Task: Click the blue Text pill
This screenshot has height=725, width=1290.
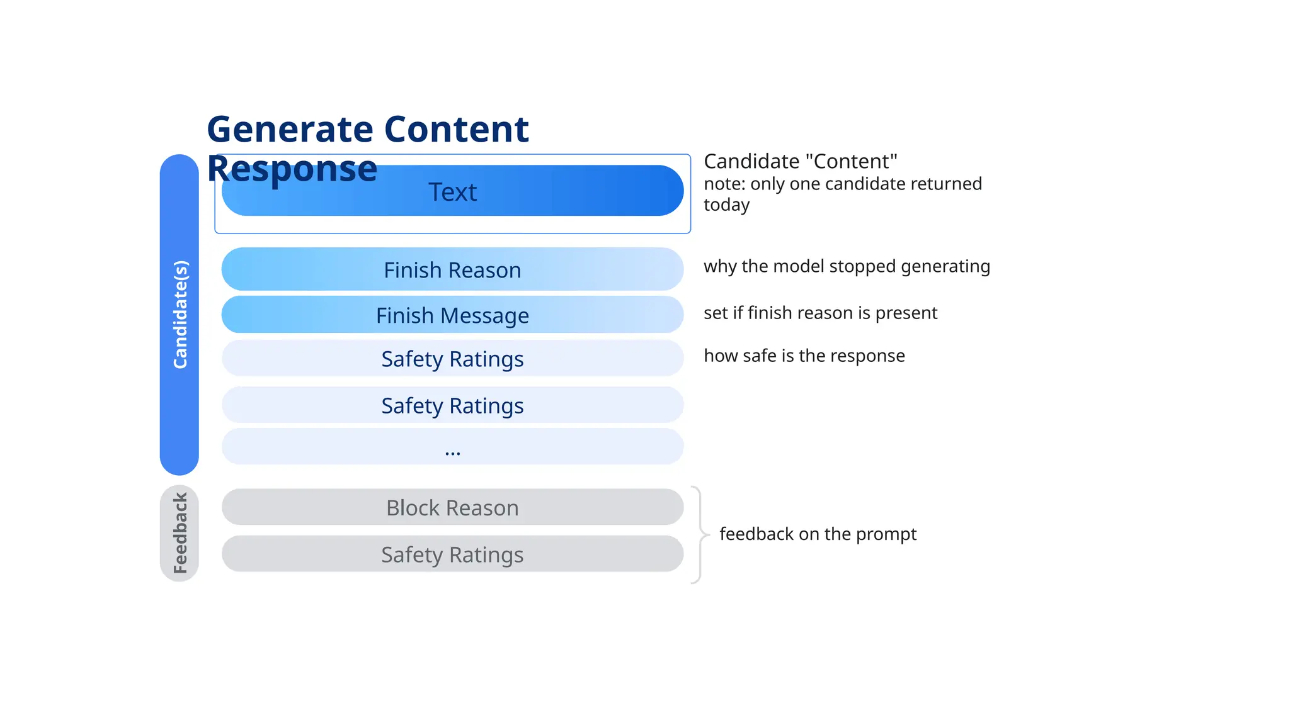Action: (x=504, y=191)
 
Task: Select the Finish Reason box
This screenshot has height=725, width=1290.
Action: (x=452, y=269)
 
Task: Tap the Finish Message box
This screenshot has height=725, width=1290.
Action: (x=452, y=315)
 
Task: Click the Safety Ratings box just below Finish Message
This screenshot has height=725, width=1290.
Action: (x=452, y=359)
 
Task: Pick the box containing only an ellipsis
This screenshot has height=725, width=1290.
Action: (x=452, y=447)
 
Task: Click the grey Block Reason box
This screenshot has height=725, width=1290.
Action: (x=452, y=507)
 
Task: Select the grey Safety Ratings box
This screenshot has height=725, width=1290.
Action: (x=452, y=554)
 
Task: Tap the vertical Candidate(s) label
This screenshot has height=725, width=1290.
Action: (x=180, y=315)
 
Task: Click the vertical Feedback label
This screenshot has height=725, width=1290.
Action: (x=180, y=533)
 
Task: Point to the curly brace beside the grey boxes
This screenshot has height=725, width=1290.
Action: (x=698, y=534)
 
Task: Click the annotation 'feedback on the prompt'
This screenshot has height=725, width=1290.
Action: (x=818, y=534)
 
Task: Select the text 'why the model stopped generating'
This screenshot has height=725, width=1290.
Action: (x=847, y=266)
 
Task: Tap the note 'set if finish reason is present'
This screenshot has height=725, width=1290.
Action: (x=820, y=313)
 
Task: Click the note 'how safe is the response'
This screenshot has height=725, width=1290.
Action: (x=804, y=356)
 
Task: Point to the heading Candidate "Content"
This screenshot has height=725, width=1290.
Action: (x=800, y=161)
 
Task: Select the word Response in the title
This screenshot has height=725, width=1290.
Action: (x=292, y=169)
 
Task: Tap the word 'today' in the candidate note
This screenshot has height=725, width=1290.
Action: (x=726, y=205)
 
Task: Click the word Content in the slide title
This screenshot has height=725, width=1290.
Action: (x=456, y=130)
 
